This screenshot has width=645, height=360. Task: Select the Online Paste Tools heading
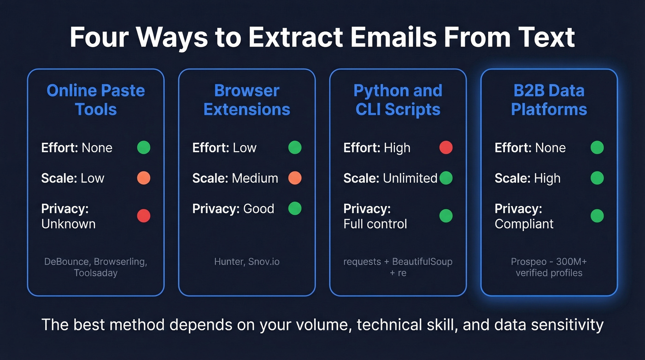(x=96, y=100)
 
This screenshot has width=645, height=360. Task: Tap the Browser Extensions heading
(x=247, y=100)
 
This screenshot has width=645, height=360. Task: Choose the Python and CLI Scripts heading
(x=398, y=100)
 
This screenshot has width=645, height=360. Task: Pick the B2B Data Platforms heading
(x=549, y=100)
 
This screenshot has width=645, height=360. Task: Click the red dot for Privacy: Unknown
(x=144, y=216)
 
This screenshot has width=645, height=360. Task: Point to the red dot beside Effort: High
(x=446, y=148)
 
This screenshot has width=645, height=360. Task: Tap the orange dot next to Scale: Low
(x=144, y=178)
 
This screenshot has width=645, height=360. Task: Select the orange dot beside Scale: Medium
(x=295, y=178)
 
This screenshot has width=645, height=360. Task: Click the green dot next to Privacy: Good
(x=295, y=208)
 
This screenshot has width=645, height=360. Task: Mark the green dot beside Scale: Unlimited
(x=446, y=178)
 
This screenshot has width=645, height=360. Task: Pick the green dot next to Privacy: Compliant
(x=597, y=216)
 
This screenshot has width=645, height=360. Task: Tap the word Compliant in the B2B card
(x=524, y=224)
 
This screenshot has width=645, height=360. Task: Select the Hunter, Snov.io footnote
(x=247, y=262)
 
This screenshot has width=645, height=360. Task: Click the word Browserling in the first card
(x=120, y=262)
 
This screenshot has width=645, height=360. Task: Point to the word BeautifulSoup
(x=422, y=262)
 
